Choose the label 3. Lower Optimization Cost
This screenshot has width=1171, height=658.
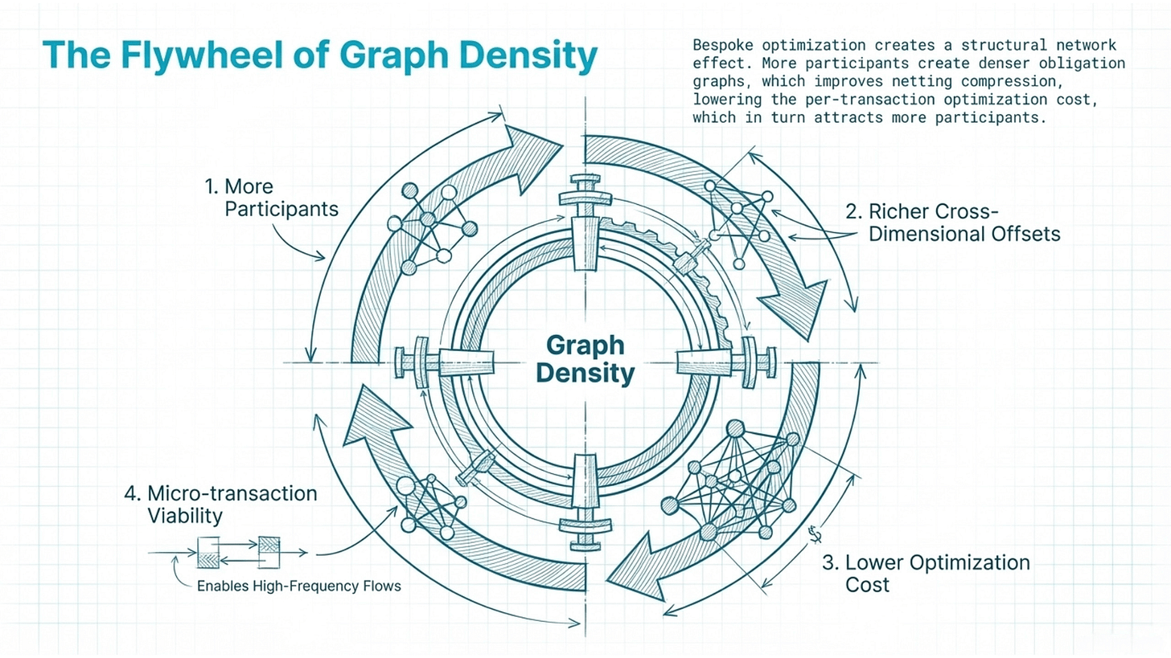click(x=925, y=573)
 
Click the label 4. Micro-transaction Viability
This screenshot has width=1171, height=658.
click(x=220, y=504)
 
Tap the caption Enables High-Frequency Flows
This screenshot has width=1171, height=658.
click(x=298, y=586)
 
